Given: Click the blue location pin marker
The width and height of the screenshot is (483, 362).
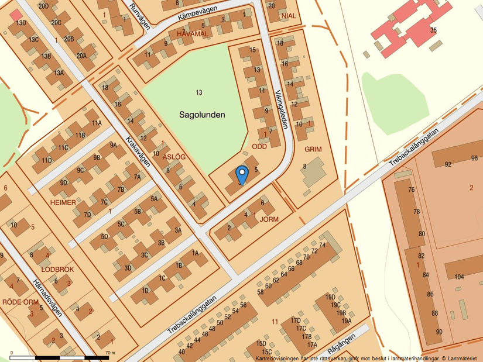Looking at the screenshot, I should pyautogui.click(x=241, y=174).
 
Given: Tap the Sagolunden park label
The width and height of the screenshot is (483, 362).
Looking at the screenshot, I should pyautogui.click(x=202, y=115).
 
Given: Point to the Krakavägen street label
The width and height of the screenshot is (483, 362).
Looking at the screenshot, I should pyautogui.click(x=138, y=151).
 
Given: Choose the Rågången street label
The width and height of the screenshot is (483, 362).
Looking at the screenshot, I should pyautogui.click(x=342, y=339).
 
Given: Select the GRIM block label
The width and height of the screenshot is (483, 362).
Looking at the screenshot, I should pyautogui.click(x=313, y=149).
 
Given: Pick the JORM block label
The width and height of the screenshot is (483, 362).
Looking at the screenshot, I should pyautogui.click(x=268, y=219).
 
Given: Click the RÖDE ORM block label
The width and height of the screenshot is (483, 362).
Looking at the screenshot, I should pyautogui.click(x=20, y=302).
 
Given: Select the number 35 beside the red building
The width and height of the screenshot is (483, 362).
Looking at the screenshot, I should pyautogui.click(x=433, y=30).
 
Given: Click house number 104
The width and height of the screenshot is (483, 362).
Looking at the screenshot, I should pyautogui.click(x=459, y=277).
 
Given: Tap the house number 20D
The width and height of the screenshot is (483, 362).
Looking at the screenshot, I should pyautogui.click(x=44, y=5).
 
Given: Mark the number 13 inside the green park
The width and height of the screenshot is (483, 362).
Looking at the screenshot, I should pyautogui.click(x=199, y=92).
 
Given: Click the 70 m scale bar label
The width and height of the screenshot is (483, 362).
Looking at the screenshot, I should pyautogui.click(x=110, y=353).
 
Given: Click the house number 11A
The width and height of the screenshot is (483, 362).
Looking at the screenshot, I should pyautogui.click(x=97, y=123).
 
